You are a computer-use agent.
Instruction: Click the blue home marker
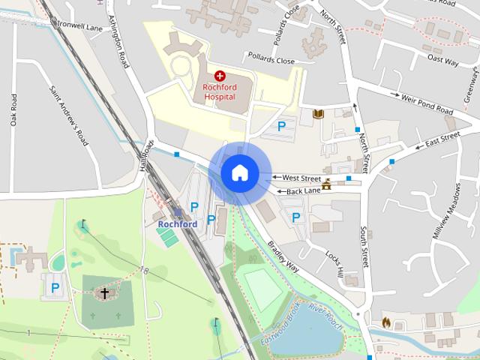pyautogui.click(x=238, y=172)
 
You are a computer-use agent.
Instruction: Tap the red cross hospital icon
pyautogui.click(x=220, y=76)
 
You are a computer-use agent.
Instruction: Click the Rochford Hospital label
pyautogui.click(x=219, y=91)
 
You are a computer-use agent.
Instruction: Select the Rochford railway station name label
pyautogui.click(x=178, y=223)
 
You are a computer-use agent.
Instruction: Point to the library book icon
pyautogui.click(x=317, y=113)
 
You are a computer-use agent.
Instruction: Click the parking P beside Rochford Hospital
pyautogui.click(x=283, y=127)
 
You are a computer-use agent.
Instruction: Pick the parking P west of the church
pyautogui.click(x=55, y=286)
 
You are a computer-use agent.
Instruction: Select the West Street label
pyautogui.click(x=300, y=178)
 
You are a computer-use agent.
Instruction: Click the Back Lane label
pyautogui.click(x=304, y=191)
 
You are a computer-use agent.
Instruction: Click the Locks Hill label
pyautogui.click(x=334, y=262)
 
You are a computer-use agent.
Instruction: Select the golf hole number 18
pyautogui.click(x=143, y=270)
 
